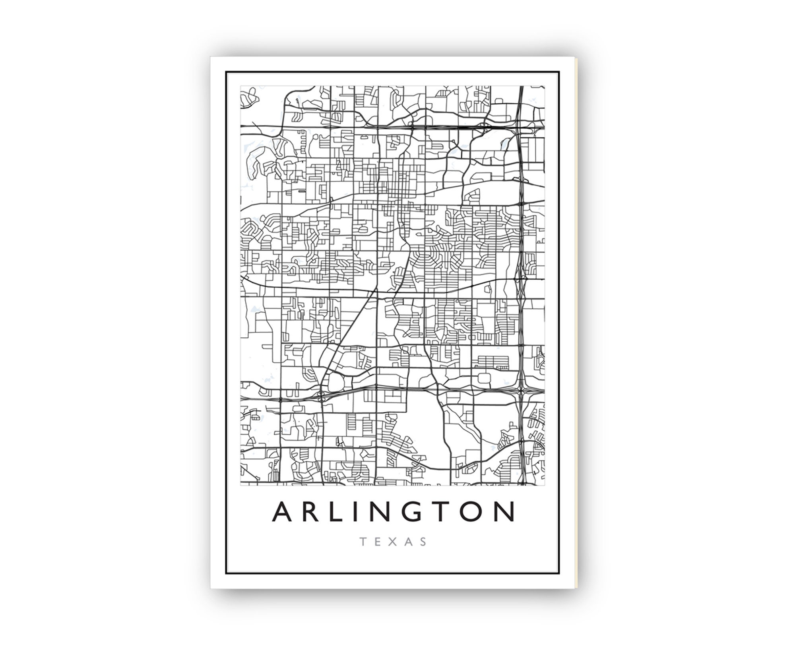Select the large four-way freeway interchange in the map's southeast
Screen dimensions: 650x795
coord(521,391)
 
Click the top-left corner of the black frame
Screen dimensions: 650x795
coord(226,72)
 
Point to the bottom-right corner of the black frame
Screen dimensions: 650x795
coord(559,573)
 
